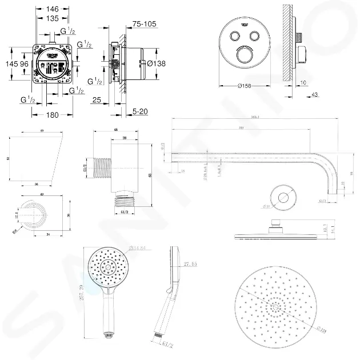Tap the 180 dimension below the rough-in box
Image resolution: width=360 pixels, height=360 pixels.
point(53,115)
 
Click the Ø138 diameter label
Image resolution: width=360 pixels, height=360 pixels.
point(156,63)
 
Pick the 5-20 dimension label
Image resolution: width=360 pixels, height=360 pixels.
point(140,111)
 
